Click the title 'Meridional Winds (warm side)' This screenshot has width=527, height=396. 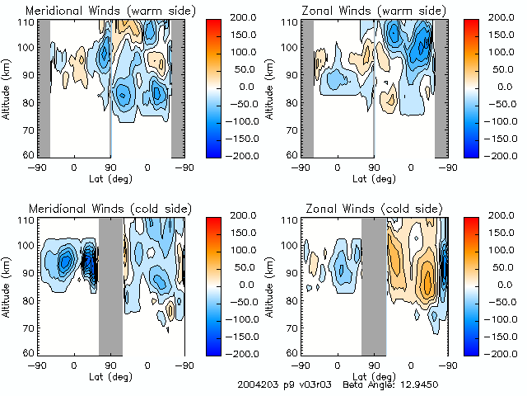tap(98, 11)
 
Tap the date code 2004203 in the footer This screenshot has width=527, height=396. tap(254, 385)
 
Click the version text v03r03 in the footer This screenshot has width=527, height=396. tap(310, 385)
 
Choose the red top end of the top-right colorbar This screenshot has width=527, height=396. tap(470, 22)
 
